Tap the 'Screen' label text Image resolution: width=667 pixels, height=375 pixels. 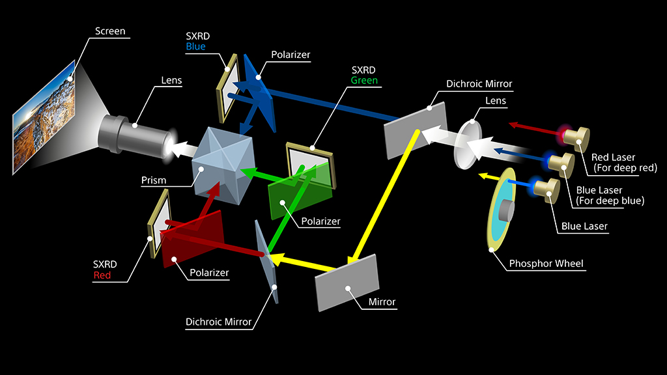(x=110, y=31)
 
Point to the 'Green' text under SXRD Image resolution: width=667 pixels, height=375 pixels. (x=364, y=81)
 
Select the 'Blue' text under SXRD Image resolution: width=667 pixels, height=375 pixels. (x=195, y=47)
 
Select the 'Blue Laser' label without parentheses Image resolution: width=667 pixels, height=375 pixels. (x=584, y=227)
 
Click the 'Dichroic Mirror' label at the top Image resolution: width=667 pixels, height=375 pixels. (x=479, y=84)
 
